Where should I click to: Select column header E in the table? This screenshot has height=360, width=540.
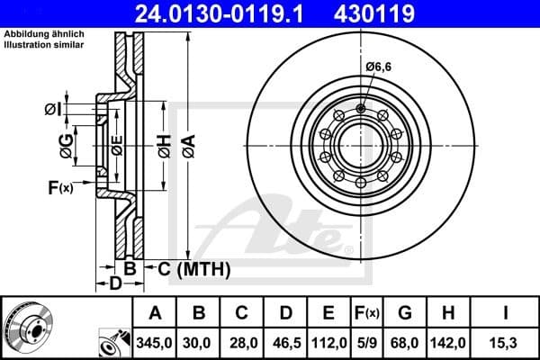(x=328, y=313)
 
